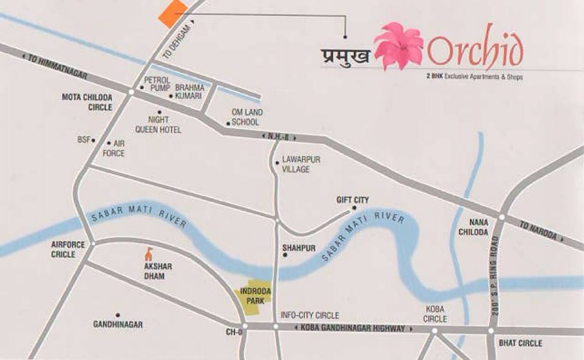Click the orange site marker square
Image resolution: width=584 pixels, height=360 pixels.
[x=173, y=15]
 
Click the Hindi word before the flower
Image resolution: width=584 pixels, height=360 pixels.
[x=345, y=55]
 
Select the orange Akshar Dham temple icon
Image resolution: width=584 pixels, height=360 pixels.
[x=149, y=255]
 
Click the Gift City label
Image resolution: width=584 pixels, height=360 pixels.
[x=352, y=200]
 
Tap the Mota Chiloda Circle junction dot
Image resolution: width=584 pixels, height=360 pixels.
[x=131, y=92]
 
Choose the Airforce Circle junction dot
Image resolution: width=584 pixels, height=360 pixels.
[x=93, y=244]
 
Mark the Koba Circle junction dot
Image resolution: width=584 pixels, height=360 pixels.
[x=434, y=330]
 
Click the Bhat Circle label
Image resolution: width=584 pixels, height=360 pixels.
[x=520, y=343]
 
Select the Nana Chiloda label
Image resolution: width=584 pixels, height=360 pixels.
[x=479, y=227]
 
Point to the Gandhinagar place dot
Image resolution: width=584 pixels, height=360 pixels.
[x=118, y=315]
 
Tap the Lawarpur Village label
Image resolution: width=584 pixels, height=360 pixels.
[x=301, y=164]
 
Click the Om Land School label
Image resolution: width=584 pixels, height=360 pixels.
[x=247, y=117]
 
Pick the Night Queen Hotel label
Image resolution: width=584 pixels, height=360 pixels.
[x=158, y=125]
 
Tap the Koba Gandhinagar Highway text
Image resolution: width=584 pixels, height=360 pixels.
[x=353, y=329]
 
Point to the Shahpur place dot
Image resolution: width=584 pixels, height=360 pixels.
[x=285, y=255]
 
